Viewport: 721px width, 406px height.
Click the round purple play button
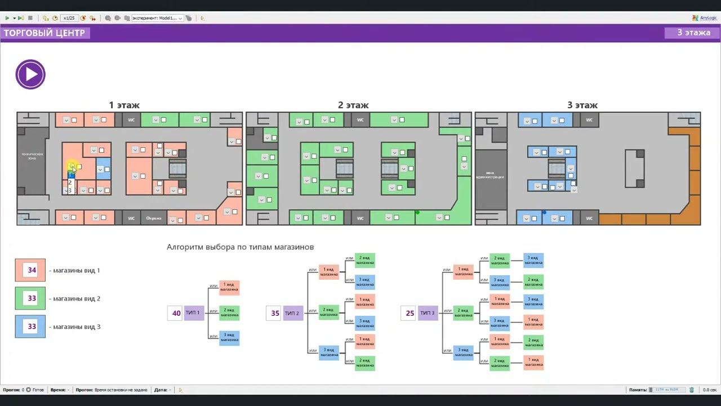point(30,74)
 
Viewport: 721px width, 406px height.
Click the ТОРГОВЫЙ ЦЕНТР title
point(44,33)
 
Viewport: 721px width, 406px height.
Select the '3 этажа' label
point(693,33)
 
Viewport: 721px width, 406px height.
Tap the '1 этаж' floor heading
point(124,105)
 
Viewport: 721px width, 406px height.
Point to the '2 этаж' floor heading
point(353,105)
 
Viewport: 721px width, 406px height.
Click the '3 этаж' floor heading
point(582,105)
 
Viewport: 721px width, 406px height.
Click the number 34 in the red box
point(32,270)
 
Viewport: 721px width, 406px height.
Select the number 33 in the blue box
point(32,326)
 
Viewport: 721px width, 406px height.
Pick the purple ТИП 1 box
point(194,313)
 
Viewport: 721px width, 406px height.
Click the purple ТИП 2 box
point(292,313)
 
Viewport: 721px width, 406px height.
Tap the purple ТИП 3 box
point(428,313)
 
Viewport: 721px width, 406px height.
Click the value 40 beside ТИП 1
point(176,313)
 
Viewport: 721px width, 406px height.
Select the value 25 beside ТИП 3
point(410,313)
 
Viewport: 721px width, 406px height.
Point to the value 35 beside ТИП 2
point(275,313)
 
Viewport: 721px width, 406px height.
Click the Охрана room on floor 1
point(154,218)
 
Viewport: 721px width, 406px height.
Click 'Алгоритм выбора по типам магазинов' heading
point(240,247)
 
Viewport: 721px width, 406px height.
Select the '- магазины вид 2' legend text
point(75,298)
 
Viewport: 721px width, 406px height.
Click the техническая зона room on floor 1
point(32,156)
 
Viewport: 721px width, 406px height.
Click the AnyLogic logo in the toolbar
point(704,18)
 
